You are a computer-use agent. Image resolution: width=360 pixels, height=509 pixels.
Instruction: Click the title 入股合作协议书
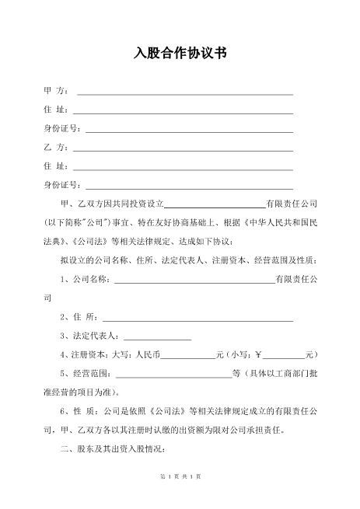pos(180,54)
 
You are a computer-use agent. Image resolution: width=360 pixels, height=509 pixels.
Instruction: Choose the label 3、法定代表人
pos(89,336)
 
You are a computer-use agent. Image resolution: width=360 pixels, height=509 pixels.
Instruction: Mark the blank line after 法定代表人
pos(157,338)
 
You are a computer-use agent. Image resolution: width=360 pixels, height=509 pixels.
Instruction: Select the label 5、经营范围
pos(85,373)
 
